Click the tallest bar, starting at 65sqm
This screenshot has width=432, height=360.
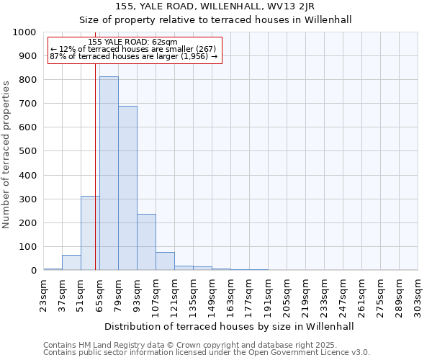tap(109, 173)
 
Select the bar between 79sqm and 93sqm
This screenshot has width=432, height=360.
tap(127, 188)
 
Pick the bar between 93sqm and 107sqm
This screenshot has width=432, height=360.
tap(146, 242)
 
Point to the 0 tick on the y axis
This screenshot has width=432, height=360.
tap(33, 271)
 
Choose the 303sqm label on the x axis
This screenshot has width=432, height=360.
tap(418, 296)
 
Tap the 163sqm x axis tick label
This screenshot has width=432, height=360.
tap(231, 296)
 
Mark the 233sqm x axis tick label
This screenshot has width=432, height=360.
tap(325, 296)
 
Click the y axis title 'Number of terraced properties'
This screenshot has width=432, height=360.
tap(7, 154)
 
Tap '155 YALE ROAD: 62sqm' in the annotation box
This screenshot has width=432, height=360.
tap(133, 42)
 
